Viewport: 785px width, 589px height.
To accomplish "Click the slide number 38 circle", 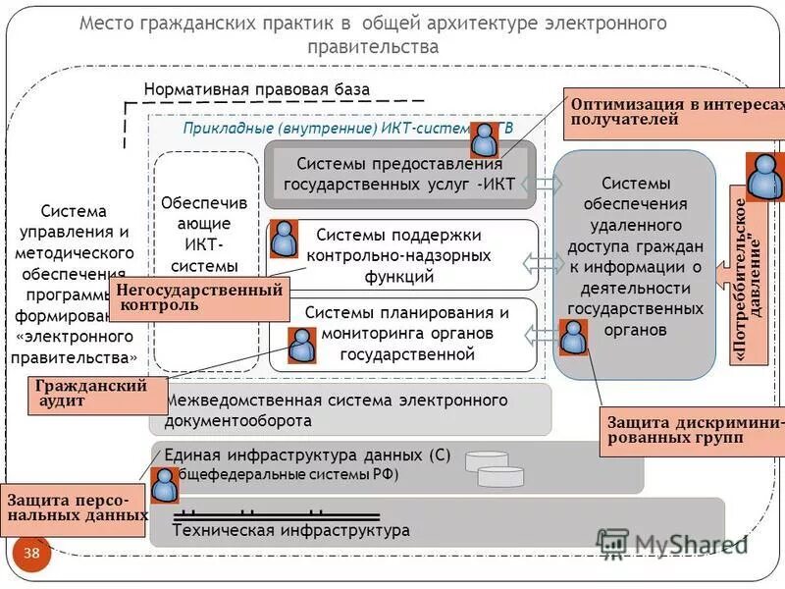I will click(x=31, y=554).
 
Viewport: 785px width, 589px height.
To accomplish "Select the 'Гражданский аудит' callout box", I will click(x=90, y=393).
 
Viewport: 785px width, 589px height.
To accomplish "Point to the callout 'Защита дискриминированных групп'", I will click(x=693, y=432).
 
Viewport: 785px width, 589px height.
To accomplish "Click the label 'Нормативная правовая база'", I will click(x=257, y=89).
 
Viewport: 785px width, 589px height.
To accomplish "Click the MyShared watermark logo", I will click(x=672, y=543).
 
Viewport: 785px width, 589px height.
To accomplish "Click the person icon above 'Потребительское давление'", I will click(x=765, y=177).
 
